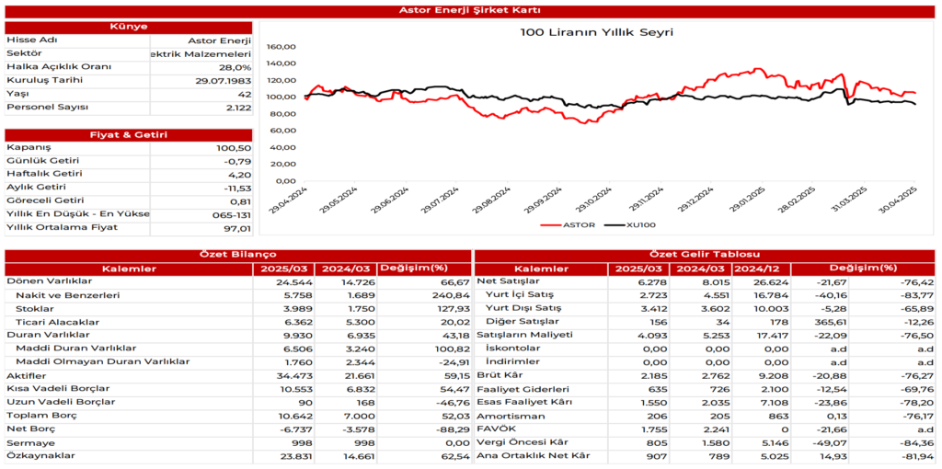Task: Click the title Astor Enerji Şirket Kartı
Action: [470, 10]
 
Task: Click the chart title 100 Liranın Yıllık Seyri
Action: [596, 32]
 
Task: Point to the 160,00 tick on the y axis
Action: [281, 46]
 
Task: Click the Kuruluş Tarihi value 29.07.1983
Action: [224, 80]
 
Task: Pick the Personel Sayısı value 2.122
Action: [237, 108]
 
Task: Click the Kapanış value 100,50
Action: [234, 148]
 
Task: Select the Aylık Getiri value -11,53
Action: [235, 188]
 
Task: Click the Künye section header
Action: [128, 27]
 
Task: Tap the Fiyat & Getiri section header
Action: [128, 134]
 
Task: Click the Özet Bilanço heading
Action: [237, 254]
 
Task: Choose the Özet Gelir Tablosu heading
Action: [706, 254]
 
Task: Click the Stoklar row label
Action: [36, 308]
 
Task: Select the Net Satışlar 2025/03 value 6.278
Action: [637, 281]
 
